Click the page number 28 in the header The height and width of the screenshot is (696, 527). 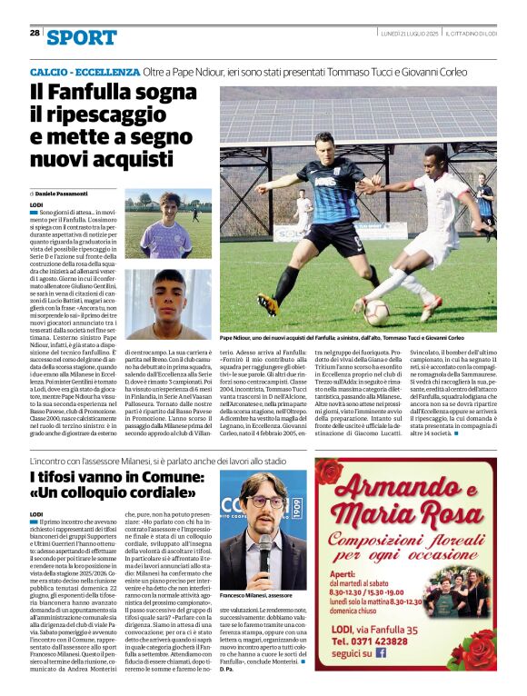pyautogui.click(x=35, y=33)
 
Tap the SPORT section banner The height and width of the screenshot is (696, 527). pyautogui.click(x=81, y=37)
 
